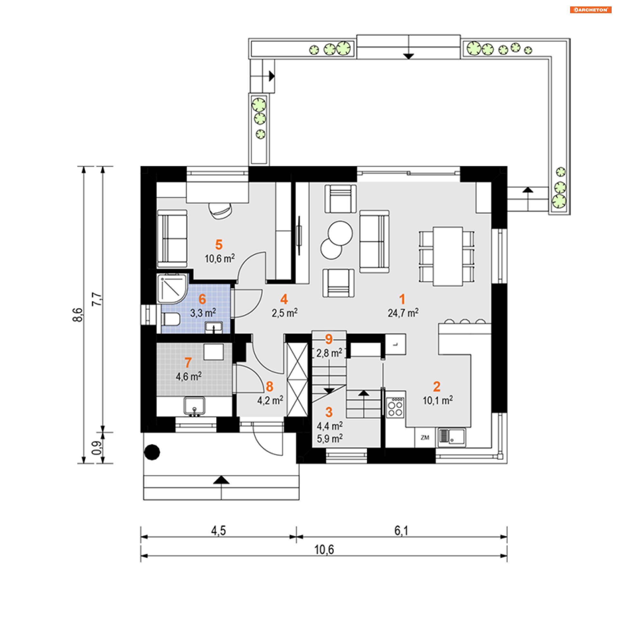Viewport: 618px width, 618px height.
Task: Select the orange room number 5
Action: coord(219,245)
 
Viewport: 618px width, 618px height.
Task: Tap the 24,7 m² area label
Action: coord(403,313)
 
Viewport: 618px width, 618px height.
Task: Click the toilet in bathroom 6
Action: coord(171,320)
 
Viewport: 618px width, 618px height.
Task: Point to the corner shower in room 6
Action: coord(172,288)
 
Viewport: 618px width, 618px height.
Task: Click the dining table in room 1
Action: coord(447,256)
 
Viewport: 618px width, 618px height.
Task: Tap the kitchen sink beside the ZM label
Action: coord(452,437)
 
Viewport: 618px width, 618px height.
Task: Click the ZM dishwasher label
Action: coord(425,437)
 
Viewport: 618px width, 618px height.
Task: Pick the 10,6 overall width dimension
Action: coord(324,549)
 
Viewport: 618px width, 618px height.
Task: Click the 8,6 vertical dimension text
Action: coord(78,314)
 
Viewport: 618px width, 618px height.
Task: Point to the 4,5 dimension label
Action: coord(218,530)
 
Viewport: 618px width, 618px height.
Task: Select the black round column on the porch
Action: coord(152,452)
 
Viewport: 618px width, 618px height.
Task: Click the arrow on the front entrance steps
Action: coord(221,480)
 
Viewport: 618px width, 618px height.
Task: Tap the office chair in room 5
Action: coord(220,211)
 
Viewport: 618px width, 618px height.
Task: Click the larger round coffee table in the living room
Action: coord(340,233)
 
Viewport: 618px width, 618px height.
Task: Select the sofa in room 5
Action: coord(172,239)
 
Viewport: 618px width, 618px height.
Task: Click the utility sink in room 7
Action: coord(194,406)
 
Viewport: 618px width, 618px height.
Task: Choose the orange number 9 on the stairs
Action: coord(328,339)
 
